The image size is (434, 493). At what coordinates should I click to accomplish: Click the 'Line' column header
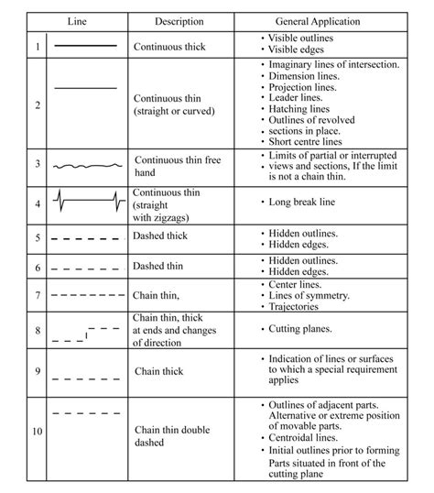point(80,20)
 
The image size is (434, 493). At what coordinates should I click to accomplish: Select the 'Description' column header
point(179,20)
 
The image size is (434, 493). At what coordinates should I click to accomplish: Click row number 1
point(38,45)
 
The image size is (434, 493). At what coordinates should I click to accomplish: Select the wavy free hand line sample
point(85,167)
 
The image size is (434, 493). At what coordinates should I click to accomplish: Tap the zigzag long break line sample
point(86,202)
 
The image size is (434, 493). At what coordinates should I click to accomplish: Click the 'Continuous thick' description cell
point(171,45)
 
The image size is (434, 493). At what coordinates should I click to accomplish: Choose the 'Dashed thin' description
point(162,267)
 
